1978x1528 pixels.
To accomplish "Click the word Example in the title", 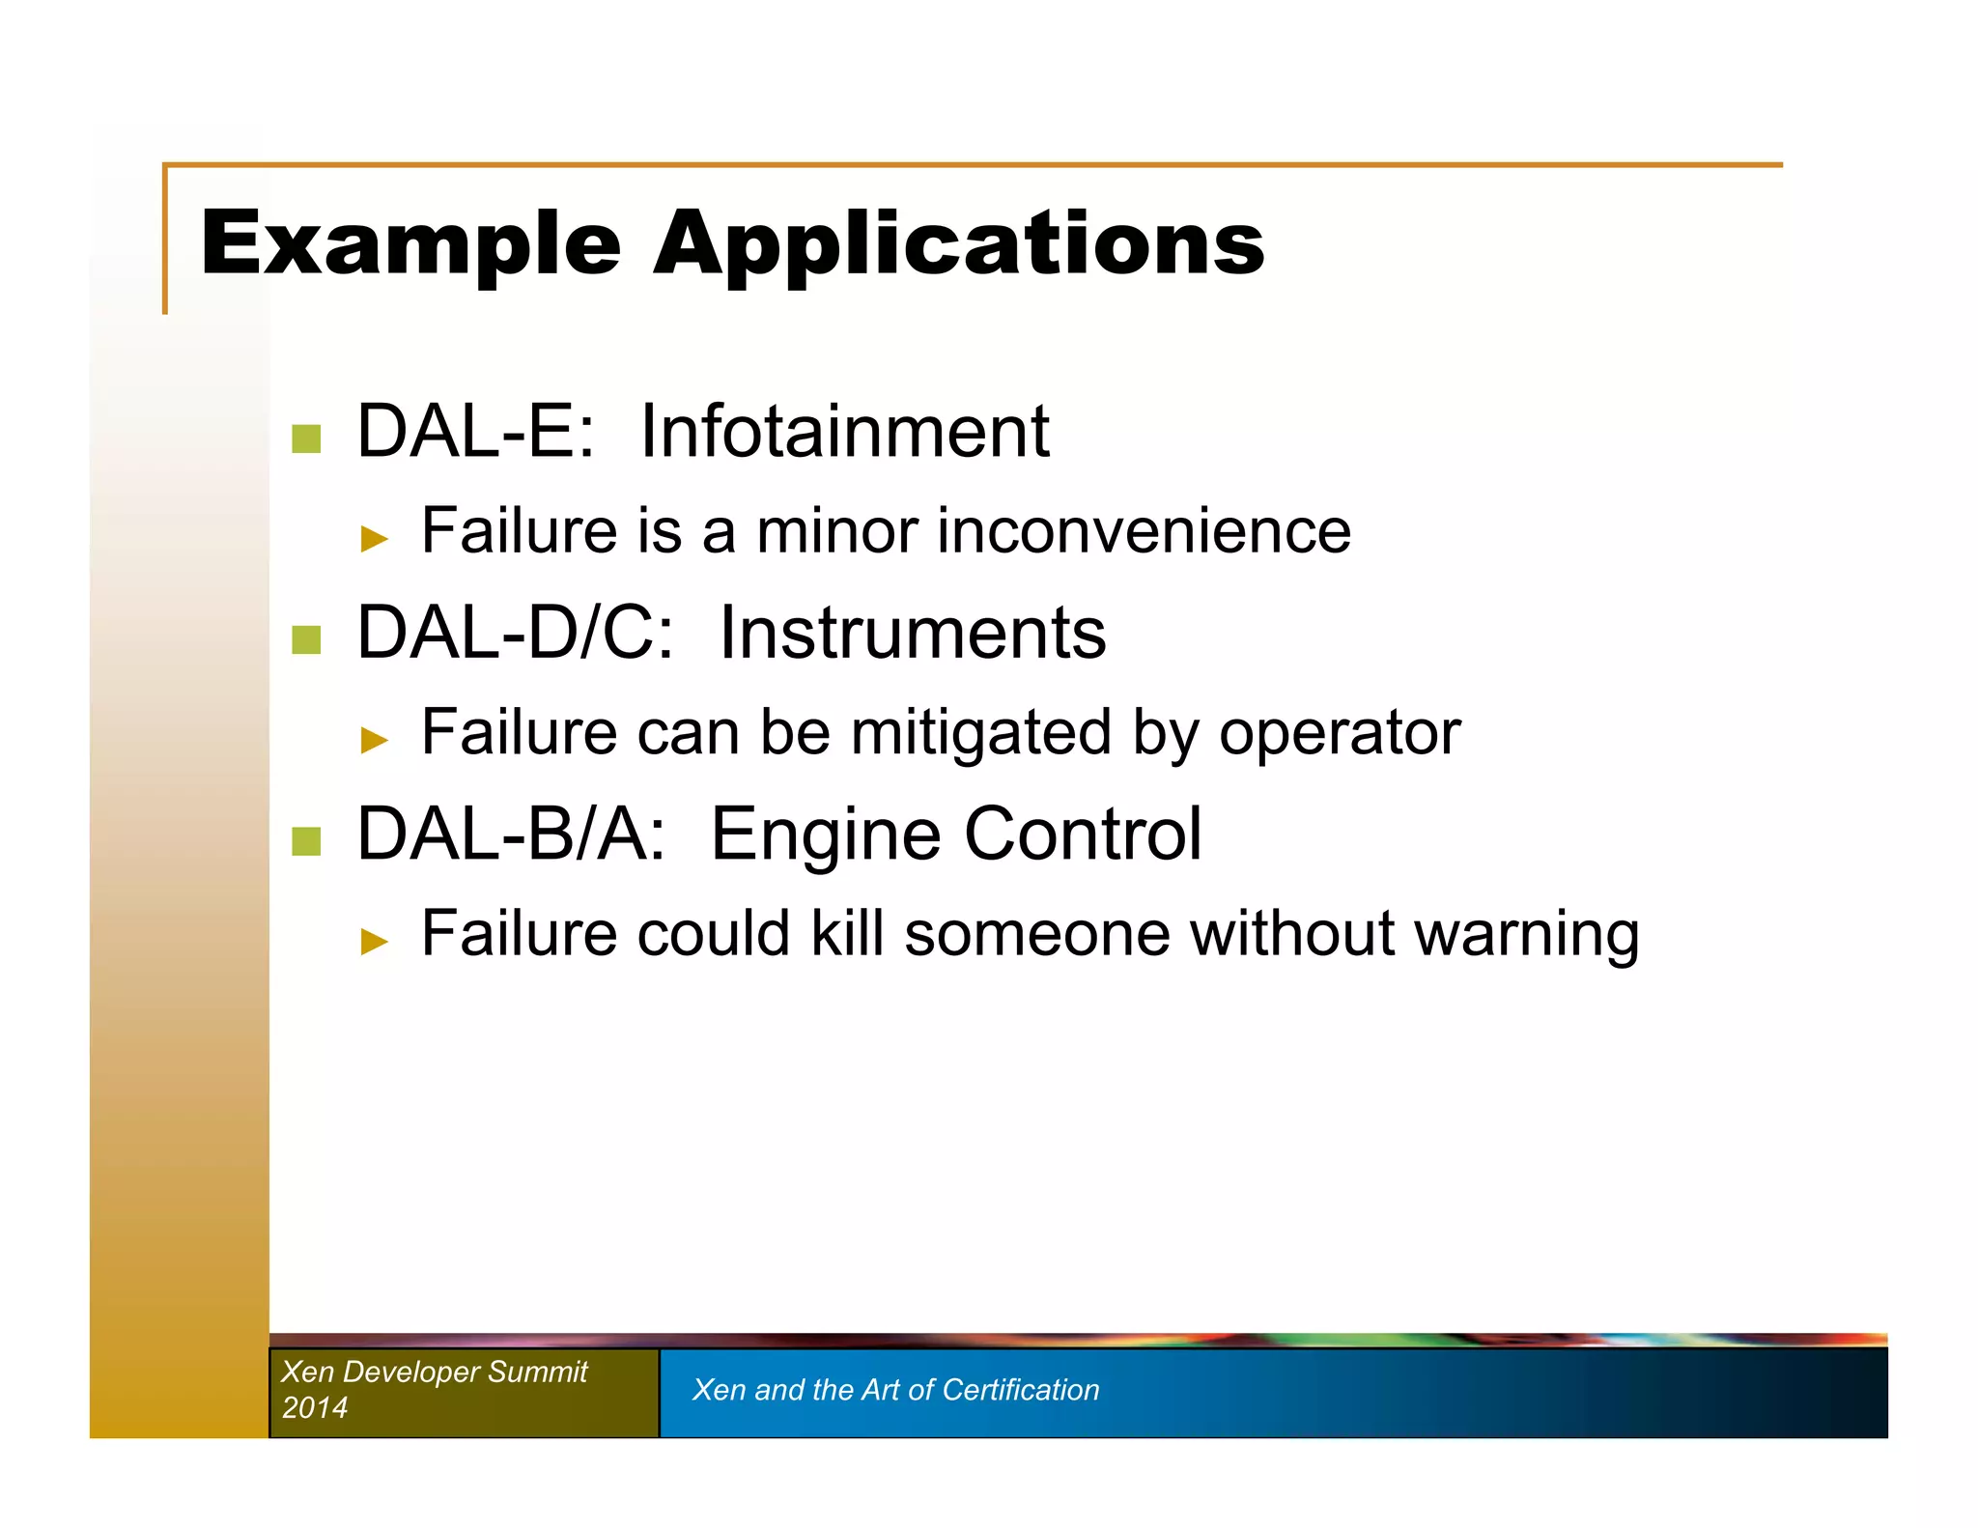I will click(x=410, y=243).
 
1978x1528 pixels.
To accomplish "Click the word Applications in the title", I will click(x=958, y=243).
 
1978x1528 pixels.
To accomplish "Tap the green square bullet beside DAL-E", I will click(x=306, y=439).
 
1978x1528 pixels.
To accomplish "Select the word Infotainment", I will click(x=844, y=432).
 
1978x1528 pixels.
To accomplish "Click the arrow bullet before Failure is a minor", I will click(x=374, y=538).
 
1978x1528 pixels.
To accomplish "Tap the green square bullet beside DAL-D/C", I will click(x=306, y=639).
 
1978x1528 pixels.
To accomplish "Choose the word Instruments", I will click(x=912, y=634).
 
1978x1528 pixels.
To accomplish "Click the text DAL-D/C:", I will click(x=515, y=634).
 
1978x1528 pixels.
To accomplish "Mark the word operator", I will click(x=1339, y=734).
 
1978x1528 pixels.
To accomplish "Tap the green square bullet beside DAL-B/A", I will click(x=306, y=840).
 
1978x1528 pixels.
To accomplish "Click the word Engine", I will click(x=825, y=835).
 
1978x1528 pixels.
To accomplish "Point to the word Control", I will click(x=1083, y=834).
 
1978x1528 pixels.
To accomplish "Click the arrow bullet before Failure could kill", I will click(x=374, y=940).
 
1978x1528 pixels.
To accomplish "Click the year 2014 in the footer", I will click(x=315, y=1407).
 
